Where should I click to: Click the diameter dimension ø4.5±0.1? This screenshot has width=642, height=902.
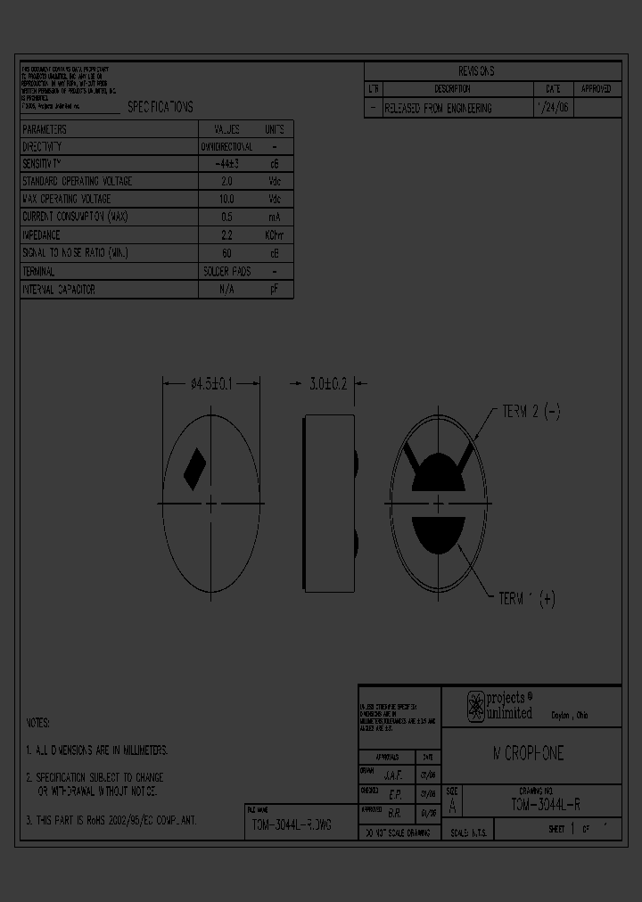coord(211,384)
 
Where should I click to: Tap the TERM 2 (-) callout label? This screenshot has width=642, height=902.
coord(531,412)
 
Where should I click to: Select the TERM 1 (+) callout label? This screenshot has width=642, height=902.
coord(527,599)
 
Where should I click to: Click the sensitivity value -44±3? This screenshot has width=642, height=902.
coord(226,164)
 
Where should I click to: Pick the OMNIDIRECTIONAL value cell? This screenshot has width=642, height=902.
coord(226,146)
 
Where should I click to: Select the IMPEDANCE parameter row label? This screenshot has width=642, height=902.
coord(41,235)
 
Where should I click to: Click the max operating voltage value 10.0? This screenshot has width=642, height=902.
coord(226,200)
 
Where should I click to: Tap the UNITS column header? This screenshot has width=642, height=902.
coord(274,128)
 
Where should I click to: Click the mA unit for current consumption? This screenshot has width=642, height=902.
coord(274,217)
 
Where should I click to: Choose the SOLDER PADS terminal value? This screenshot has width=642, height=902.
coord(226,271)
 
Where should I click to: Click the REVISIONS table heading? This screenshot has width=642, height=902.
coord(476,71)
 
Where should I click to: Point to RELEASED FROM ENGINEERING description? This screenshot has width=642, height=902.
coord(438,108)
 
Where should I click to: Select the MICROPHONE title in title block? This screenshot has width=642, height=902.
coord(529,754)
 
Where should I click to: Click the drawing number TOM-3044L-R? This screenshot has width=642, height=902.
coord(546,803)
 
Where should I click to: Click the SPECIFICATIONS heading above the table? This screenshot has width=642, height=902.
coord(160,107)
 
